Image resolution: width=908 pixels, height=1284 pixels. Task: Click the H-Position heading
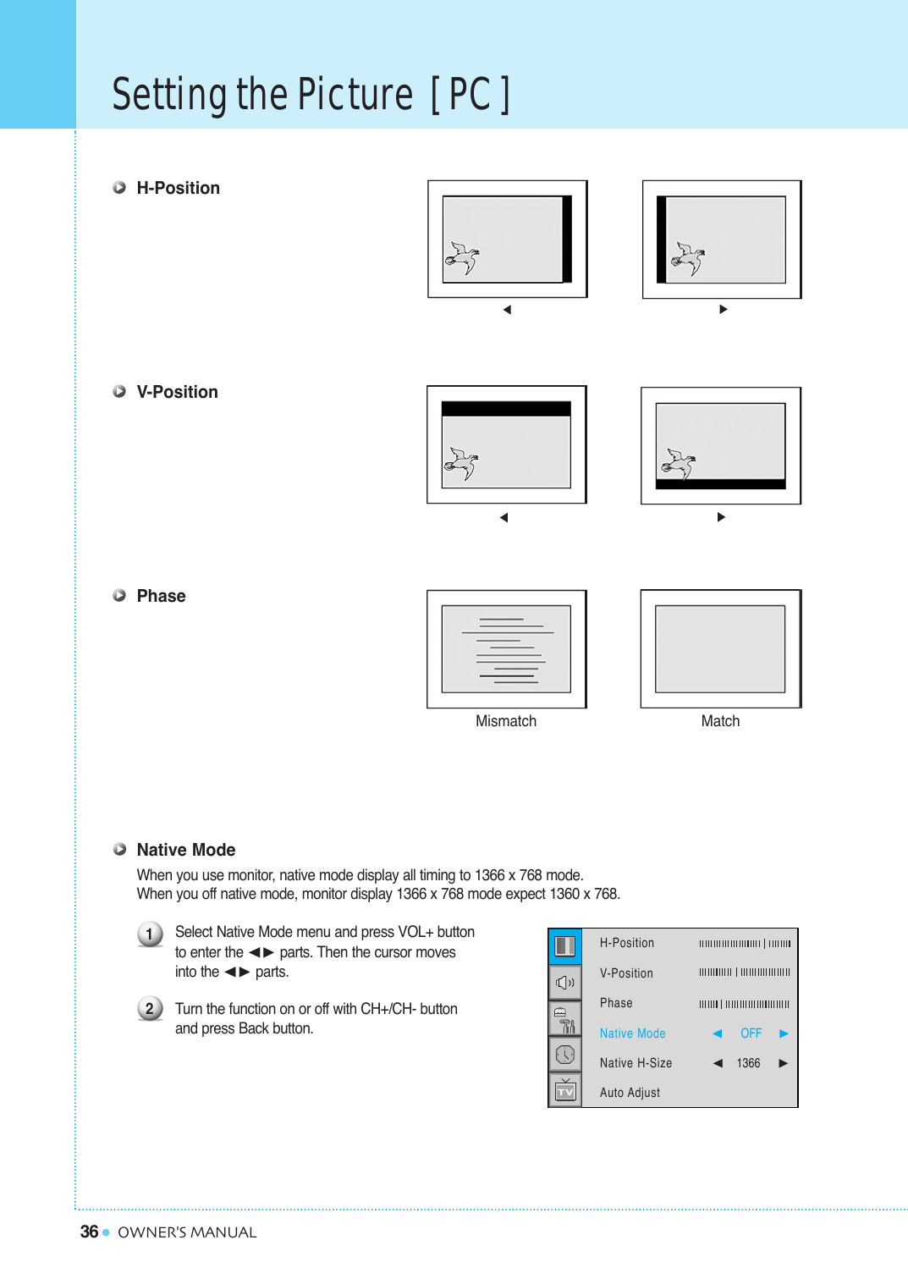pos(178,188)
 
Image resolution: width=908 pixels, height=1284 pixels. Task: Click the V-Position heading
pos(177,392)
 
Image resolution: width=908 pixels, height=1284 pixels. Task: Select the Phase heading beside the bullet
pos(161,596)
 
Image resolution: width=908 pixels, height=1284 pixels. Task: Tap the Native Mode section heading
pos(185,850)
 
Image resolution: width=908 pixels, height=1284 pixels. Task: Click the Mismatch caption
pos(505,721)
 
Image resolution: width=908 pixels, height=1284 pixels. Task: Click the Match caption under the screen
pos(720,721)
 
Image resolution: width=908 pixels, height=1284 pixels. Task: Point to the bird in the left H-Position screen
pos(462,257)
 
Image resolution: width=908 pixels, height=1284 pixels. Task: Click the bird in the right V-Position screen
pos(678,463)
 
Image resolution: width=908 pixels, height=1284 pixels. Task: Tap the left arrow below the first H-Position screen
pos(507,310)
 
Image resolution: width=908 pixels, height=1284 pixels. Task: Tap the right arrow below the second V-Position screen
pos(721,517)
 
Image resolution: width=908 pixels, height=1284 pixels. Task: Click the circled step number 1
pos(150,934)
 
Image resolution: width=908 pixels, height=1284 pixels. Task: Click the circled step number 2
pos(150,1008)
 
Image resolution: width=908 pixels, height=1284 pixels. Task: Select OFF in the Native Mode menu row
pos(751,1033)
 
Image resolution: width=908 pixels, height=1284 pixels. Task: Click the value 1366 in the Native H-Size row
pos(748,1063)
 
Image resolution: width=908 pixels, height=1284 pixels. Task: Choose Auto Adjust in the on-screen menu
pos(630,1093)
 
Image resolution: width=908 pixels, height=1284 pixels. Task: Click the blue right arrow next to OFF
pos(784,1033)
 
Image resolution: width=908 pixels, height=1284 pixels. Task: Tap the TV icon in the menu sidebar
pos(565,1091)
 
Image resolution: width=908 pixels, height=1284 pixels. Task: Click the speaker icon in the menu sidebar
pos(565,983)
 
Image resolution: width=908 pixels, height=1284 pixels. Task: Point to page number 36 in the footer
pos(89,1232)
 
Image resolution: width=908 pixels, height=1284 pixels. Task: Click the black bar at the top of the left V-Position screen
pos(506,409)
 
